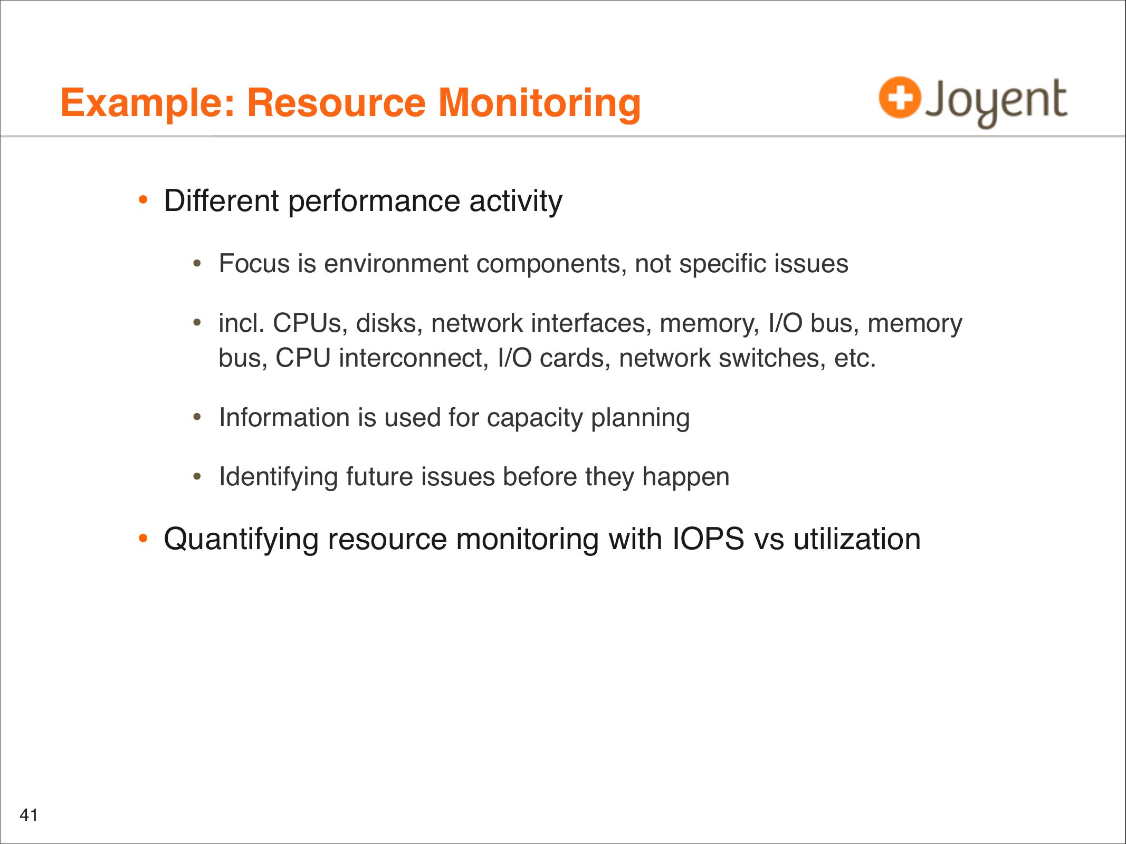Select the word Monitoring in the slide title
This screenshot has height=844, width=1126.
540,103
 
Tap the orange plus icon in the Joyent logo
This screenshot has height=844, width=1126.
900,98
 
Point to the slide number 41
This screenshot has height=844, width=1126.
28,815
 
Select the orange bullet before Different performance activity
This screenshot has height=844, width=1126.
143,200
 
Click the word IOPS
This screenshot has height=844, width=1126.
708,539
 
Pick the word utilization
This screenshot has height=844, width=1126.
857,539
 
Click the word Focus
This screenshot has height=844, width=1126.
254,263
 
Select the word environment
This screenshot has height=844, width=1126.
396,264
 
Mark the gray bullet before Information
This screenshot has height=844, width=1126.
197,417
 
